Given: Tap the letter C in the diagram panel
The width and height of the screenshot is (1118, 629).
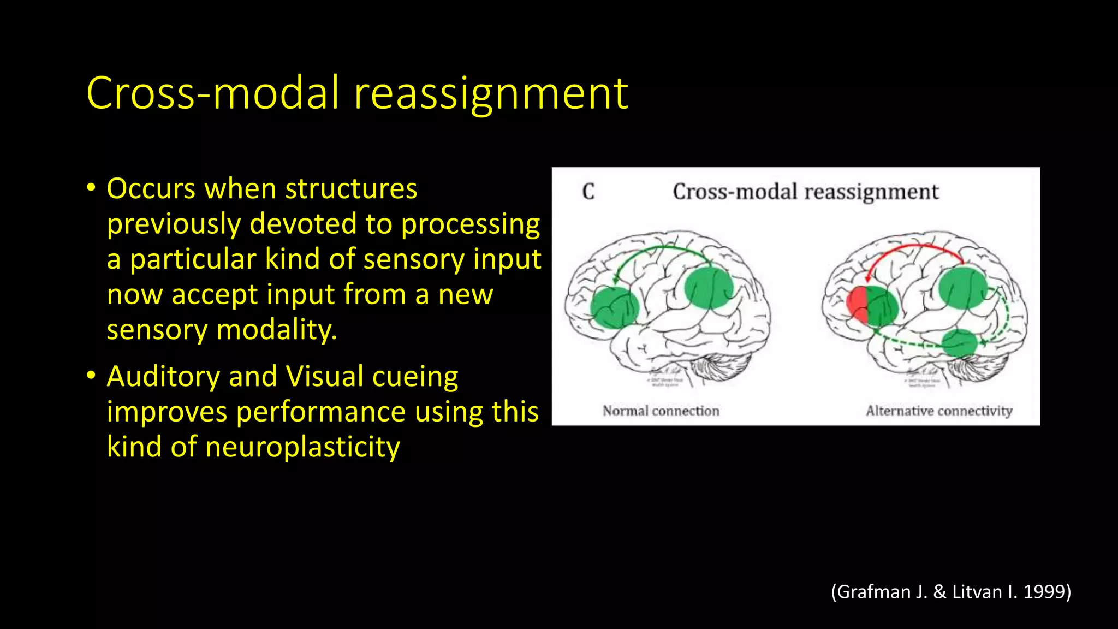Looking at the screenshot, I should (588, 192).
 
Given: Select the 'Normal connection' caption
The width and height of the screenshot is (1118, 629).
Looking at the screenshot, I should (661, 411).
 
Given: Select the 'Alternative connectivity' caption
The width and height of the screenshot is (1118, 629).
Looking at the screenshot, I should (939, 411).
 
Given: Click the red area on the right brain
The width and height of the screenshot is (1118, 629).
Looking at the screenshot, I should (857, 304).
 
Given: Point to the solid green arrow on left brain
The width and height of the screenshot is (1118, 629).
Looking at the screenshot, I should (663, 248).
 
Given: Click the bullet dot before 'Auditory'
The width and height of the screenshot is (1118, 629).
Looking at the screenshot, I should (91, 376).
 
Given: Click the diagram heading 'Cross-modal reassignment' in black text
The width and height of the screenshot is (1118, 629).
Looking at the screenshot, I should (805, 192).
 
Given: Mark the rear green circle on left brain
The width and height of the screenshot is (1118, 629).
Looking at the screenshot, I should (709, 288).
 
